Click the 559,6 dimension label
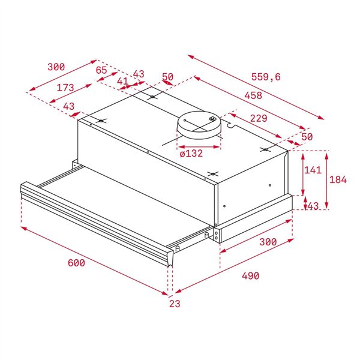[x=266, y=77]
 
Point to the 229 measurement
[x=259, y=119]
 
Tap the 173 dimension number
[x=65, y=88]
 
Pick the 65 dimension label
[x=101, y=70]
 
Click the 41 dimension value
[x=122, y=81]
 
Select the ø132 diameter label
[x=191, y=154]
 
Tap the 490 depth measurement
[x=250, y=276]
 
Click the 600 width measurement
[x=76, y=263]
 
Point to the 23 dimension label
[x=174, y=304]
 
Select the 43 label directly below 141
[x=313, y=206]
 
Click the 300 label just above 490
[x=268, y=242]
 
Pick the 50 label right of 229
[x=307, y=137]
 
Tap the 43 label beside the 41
[x=139, y=74]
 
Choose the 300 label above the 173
[x=56, y=67]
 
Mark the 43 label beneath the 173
[x=68, y=106]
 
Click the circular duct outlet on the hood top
[x=198, y=124]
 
